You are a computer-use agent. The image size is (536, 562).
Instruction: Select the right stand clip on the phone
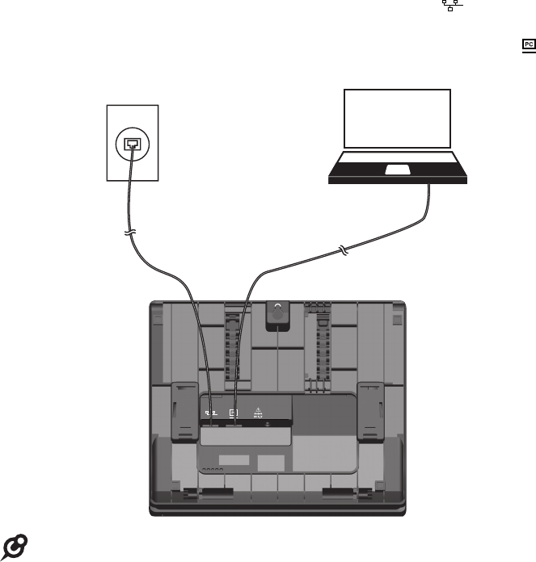[x=372, y=412]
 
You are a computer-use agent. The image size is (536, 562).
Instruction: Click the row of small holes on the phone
[x=211, y=469]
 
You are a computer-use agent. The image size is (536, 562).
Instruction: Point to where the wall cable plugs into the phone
[x=212, y=421]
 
